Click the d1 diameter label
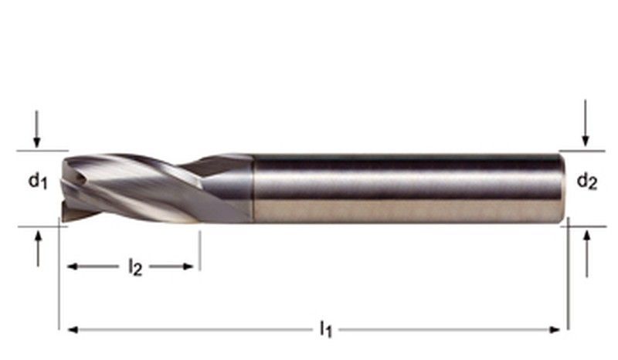(38, 182)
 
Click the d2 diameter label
(587, 182)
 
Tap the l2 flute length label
(134, 267)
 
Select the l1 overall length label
(325, 330)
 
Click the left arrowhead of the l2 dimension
(73, 267)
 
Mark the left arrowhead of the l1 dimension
(73, 330)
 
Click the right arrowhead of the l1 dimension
(554, 330)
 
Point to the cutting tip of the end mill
(66, 189)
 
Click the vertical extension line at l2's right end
(199, 251)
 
